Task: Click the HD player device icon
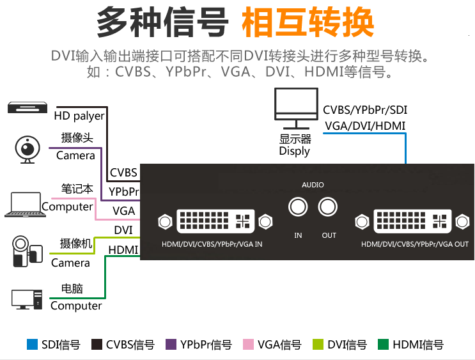[27, 107]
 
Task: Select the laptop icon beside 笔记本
[24, 204]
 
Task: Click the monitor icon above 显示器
[295, 106]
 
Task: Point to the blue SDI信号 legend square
[32, 345]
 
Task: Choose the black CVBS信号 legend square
[97, 345]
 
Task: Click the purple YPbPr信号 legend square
[171, 345]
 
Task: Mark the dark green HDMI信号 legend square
[384, 345]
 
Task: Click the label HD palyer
[79, 116]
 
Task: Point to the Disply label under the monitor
[294, 152]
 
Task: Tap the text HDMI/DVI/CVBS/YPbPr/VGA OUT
[414, 244]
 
